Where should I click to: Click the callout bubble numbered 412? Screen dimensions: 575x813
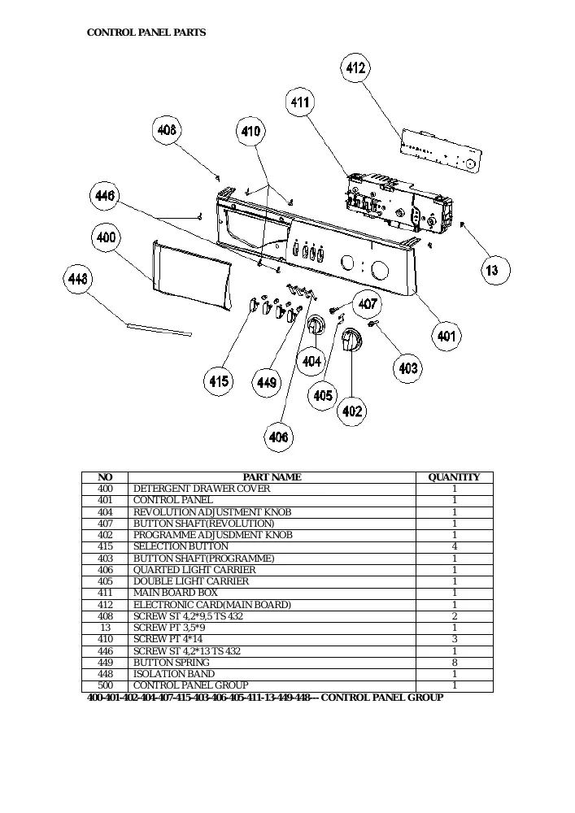point(355,67)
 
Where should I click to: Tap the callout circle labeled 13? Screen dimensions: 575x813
point(491,270)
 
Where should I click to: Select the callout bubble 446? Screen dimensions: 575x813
point(105,195)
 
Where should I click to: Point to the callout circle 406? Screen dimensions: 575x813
point(278,437)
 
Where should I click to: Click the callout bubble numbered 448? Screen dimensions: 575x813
point(78,279)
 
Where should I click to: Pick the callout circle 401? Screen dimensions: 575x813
point(446,336)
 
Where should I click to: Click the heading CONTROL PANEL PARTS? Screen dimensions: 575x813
point(146,33)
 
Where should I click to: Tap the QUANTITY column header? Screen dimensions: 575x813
point(454,477)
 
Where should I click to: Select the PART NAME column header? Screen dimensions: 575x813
point(272,477)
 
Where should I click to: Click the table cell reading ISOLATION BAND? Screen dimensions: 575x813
point(174,674)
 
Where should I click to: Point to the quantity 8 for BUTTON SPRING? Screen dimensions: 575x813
point(455,663)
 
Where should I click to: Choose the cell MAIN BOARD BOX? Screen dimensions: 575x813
point(175,593)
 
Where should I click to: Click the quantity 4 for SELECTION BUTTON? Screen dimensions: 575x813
point(455,546)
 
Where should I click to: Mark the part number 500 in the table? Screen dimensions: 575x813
point(105,685)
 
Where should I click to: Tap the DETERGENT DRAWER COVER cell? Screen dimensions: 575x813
point(202,489)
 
